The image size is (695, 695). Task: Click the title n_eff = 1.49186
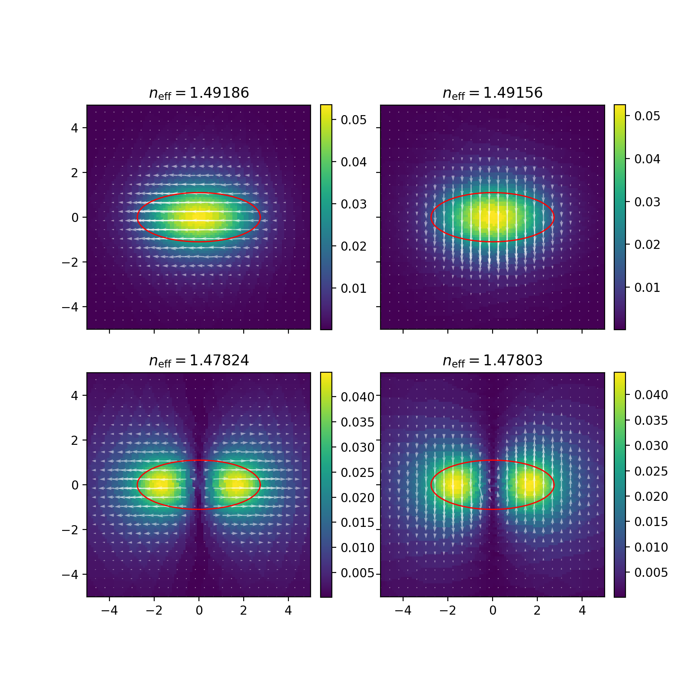point(199,93)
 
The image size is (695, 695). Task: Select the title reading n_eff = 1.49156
point(493,93)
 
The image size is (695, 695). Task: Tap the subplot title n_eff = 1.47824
point(199,361)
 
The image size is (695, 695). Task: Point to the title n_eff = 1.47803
point(493,361)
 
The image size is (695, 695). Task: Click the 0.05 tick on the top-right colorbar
point(647,116)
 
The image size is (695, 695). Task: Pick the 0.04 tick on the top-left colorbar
point(353,162)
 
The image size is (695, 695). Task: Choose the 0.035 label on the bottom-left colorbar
point(357,422)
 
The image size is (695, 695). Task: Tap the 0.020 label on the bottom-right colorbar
point(651,496)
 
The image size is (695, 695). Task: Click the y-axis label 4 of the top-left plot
point(75,128)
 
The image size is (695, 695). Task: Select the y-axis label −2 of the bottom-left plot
point(70,530)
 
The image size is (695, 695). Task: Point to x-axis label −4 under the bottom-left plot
point(109,610)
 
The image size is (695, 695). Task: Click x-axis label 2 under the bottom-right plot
point(537,610)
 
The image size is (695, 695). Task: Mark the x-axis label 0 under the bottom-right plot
point(493,610)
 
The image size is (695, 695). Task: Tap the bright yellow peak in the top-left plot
point(199,216)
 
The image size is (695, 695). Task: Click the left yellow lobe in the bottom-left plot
point(161,484)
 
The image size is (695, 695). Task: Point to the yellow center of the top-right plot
point(493,216)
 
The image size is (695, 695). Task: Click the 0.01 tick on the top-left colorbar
point(353,288)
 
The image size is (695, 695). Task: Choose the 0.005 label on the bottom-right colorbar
point(651,573)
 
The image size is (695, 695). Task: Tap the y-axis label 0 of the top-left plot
point(75,218)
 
